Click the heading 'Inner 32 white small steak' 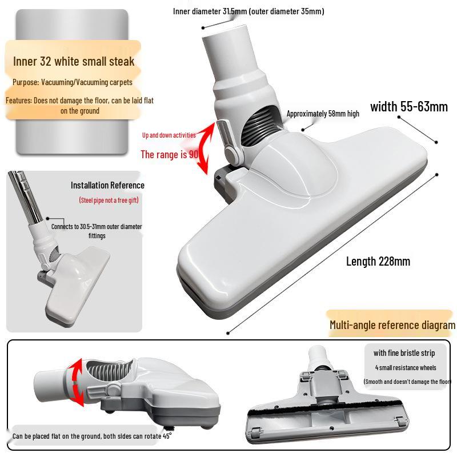[74, 62]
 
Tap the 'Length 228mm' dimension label [378, 262]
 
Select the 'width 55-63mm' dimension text [409, 106]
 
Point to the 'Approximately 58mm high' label [323, 114]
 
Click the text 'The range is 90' [169, 154]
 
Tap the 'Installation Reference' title [107, 185]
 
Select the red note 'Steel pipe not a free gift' [109, 200]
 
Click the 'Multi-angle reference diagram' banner [392, 325]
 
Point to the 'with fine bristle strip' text [404, 353]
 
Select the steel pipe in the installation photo [23, 194]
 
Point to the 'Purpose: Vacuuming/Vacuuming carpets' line [73, 82]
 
